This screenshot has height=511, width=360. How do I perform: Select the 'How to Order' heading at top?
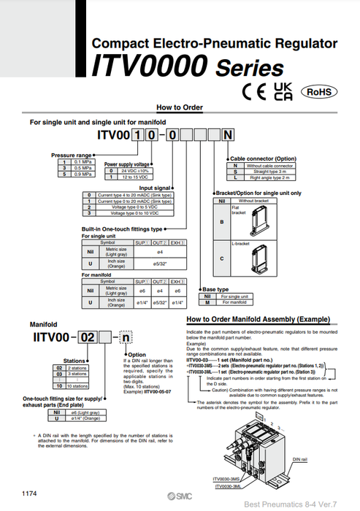pos(179,107)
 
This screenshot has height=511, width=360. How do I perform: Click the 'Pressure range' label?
pos(71,155)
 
